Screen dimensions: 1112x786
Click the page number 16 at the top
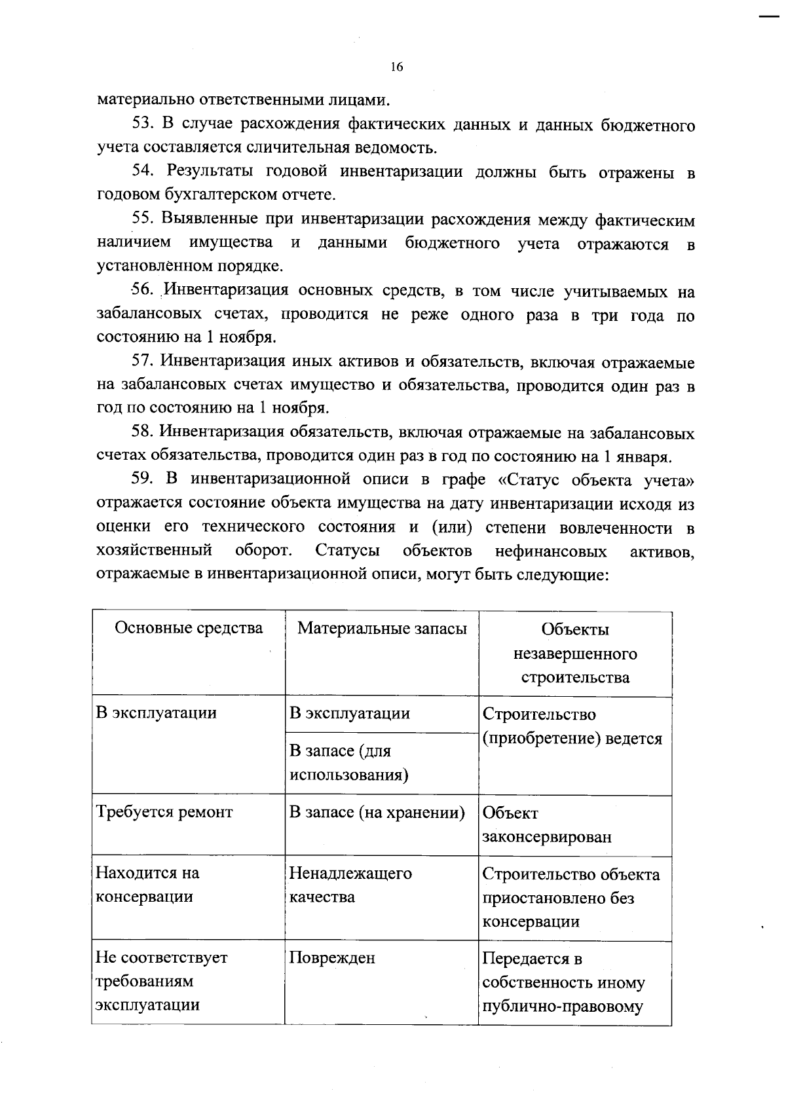[x=396, y=67]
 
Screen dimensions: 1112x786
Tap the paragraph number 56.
[x=142, y=290]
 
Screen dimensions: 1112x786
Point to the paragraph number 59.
[x=142, y=479]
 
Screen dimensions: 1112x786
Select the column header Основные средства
[x=189, y=628]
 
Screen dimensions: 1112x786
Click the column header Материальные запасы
[x=382, y=629]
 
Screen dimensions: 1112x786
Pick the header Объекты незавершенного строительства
[x=575, y=654]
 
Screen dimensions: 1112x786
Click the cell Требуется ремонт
[x=164, y=813]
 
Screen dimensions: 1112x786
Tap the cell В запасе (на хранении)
[x=377, y=813]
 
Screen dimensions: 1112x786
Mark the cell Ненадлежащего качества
[x=350, y=885]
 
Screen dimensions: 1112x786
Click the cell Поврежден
[x=333, y=958]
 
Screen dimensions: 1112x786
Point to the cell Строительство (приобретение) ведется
[x=572, y=726]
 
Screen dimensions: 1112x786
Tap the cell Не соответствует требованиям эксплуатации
[x=161, y=981]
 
